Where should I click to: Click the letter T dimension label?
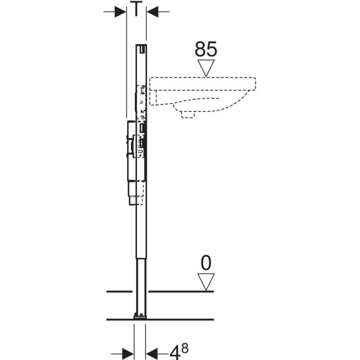coord(136,8)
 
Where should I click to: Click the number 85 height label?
coord(206,49)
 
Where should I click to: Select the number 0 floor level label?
coord(206,263)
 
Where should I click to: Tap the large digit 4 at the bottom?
coord(175,352)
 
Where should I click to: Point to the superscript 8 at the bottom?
coord(185,349)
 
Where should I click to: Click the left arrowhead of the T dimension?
coord(121,11)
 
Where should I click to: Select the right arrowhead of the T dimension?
coord(152,11)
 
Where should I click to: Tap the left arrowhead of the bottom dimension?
coord(128,354)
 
